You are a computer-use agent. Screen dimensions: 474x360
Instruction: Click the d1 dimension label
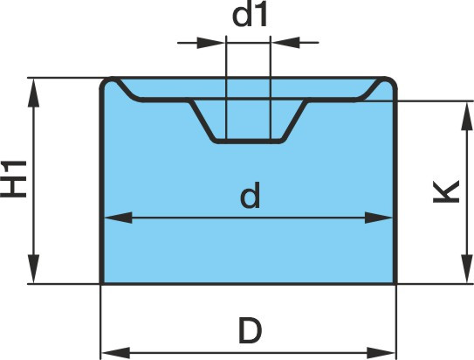(250, 15)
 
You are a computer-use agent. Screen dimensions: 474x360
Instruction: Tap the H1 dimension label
(14, 179)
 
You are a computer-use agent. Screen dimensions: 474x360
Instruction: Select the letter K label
(446, 191)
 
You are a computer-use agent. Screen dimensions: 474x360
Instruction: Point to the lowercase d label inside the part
(250, 195)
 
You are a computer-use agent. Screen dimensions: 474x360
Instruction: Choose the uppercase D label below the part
(250, 330)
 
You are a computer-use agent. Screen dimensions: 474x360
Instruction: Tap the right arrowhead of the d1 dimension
(285, 43)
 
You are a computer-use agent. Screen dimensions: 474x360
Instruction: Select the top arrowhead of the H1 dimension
(33, 93)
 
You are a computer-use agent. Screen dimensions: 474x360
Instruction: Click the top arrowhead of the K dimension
(466, 115)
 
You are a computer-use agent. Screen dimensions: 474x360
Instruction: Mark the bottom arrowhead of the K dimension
(466, 269)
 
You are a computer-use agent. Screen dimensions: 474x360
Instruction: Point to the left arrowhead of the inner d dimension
(118, 218)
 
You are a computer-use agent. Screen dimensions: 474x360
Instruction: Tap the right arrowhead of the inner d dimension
(379, 218)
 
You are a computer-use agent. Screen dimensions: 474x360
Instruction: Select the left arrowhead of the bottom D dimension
(116, 353)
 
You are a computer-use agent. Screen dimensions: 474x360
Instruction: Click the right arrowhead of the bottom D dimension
(381, 353)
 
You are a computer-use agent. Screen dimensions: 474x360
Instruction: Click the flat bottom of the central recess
(249, 141)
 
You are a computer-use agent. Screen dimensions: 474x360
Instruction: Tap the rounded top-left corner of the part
(107, 84)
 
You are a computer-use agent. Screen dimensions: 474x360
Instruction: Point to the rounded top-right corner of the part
(390, 84)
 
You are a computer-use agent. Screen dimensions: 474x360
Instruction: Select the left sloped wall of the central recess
(202, 121)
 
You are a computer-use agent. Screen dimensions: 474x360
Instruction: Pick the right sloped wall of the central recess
(294, 121)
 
